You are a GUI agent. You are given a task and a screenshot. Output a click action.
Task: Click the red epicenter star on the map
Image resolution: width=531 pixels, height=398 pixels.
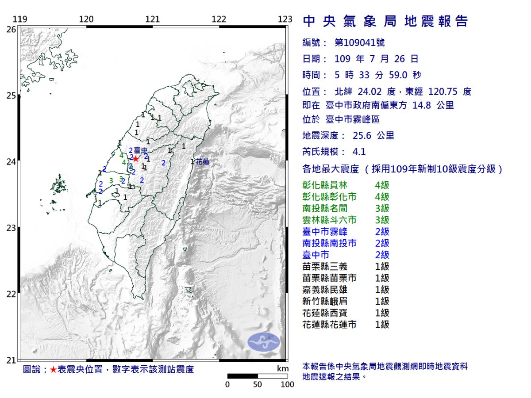click(x=136, y=159)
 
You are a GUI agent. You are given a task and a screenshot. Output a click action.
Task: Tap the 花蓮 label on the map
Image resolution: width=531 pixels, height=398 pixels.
click(x=202, y=162)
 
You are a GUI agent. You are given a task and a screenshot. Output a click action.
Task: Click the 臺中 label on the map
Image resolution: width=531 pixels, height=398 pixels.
click(x=140, y=151)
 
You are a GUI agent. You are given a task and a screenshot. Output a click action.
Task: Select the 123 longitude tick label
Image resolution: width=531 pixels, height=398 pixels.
click(x=285, y=19)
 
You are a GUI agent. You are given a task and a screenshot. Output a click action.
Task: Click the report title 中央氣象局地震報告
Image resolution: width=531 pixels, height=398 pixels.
click(x=385, y=21)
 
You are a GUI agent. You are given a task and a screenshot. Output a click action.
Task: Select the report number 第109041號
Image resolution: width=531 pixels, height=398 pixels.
click(x=359, y=43)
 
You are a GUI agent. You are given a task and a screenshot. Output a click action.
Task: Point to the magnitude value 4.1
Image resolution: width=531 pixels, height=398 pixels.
click(x=359, y=152)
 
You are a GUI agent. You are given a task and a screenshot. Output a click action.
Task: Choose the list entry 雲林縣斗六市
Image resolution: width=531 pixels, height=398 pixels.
click(x=329, y=220)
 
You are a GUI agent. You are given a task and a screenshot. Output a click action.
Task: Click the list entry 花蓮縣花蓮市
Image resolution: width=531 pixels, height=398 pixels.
click(x=329, y=325)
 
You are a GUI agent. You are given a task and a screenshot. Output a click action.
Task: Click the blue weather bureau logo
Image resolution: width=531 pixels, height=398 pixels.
click(x=263, y=342)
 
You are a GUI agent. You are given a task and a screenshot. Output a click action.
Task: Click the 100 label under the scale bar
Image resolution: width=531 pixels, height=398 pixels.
click(x=287, y=384)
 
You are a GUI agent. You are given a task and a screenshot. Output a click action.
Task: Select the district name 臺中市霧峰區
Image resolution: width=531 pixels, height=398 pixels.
click(x=353, y=120)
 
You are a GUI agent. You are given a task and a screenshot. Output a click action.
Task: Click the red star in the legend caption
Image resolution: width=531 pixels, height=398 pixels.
click(x=53, y=370)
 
